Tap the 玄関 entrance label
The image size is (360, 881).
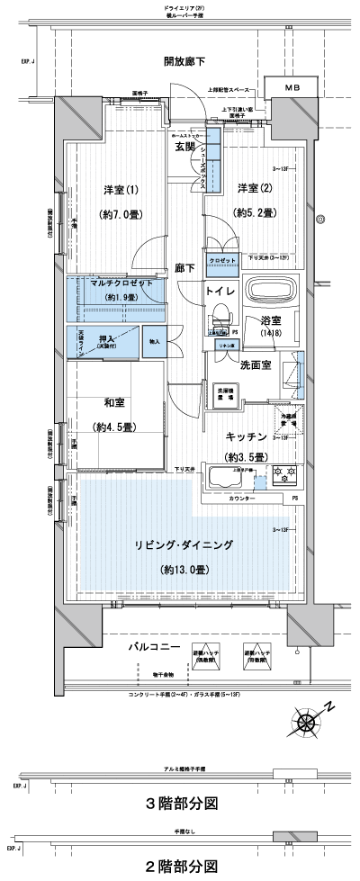tap(185, 146)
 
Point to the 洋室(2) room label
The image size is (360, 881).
tap(255, 188)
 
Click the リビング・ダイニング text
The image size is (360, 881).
tap(184, 545)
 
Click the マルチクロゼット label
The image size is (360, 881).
tap(115, 283)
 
